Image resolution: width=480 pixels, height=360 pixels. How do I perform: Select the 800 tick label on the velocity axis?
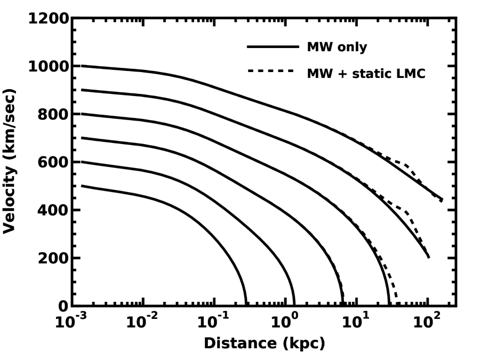(52, 115)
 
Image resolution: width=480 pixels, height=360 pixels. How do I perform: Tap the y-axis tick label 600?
(52, 162)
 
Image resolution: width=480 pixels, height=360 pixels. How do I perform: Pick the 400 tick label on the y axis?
(52, 210)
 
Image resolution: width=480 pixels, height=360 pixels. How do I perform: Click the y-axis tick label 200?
(52, 258)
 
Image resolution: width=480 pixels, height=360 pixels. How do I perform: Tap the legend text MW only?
(337, 47)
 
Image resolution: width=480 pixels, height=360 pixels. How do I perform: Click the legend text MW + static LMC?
(366, 74)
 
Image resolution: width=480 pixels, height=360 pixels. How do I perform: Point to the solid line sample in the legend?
(273, 47)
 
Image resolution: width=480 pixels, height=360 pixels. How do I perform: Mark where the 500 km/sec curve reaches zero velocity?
(245, 305)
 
